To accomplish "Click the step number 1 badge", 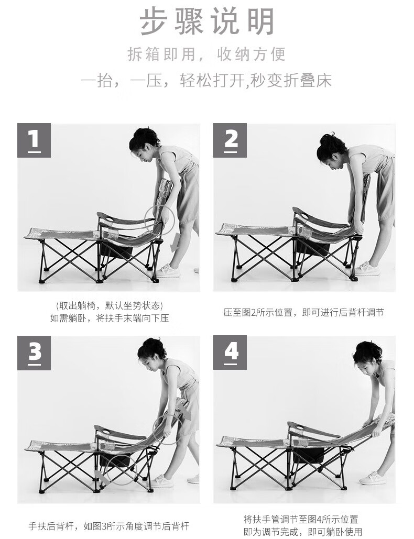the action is point(34,140).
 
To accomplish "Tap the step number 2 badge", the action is point(230,140).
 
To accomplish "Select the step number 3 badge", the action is point(34,353).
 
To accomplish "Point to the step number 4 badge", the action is point(230,353).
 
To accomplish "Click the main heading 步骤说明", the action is point(207,21).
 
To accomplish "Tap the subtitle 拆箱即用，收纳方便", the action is point(206,54).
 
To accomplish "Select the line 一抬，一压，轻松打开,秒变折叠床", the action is point(206,81).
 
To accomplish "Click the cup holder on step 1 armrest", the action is point(110,219).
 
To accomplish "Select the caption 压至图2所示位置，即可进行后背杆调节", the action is point(303,313).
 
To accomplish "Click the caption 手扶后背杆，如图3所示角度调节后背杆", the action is point(108,526).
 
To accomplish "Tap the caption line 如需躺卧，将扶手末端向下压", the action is point(110,318).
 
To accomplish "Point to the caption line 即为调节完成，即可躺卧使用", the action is point(302,532).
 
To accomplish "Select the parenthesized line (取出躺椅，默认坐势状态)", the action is point(110,305).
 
